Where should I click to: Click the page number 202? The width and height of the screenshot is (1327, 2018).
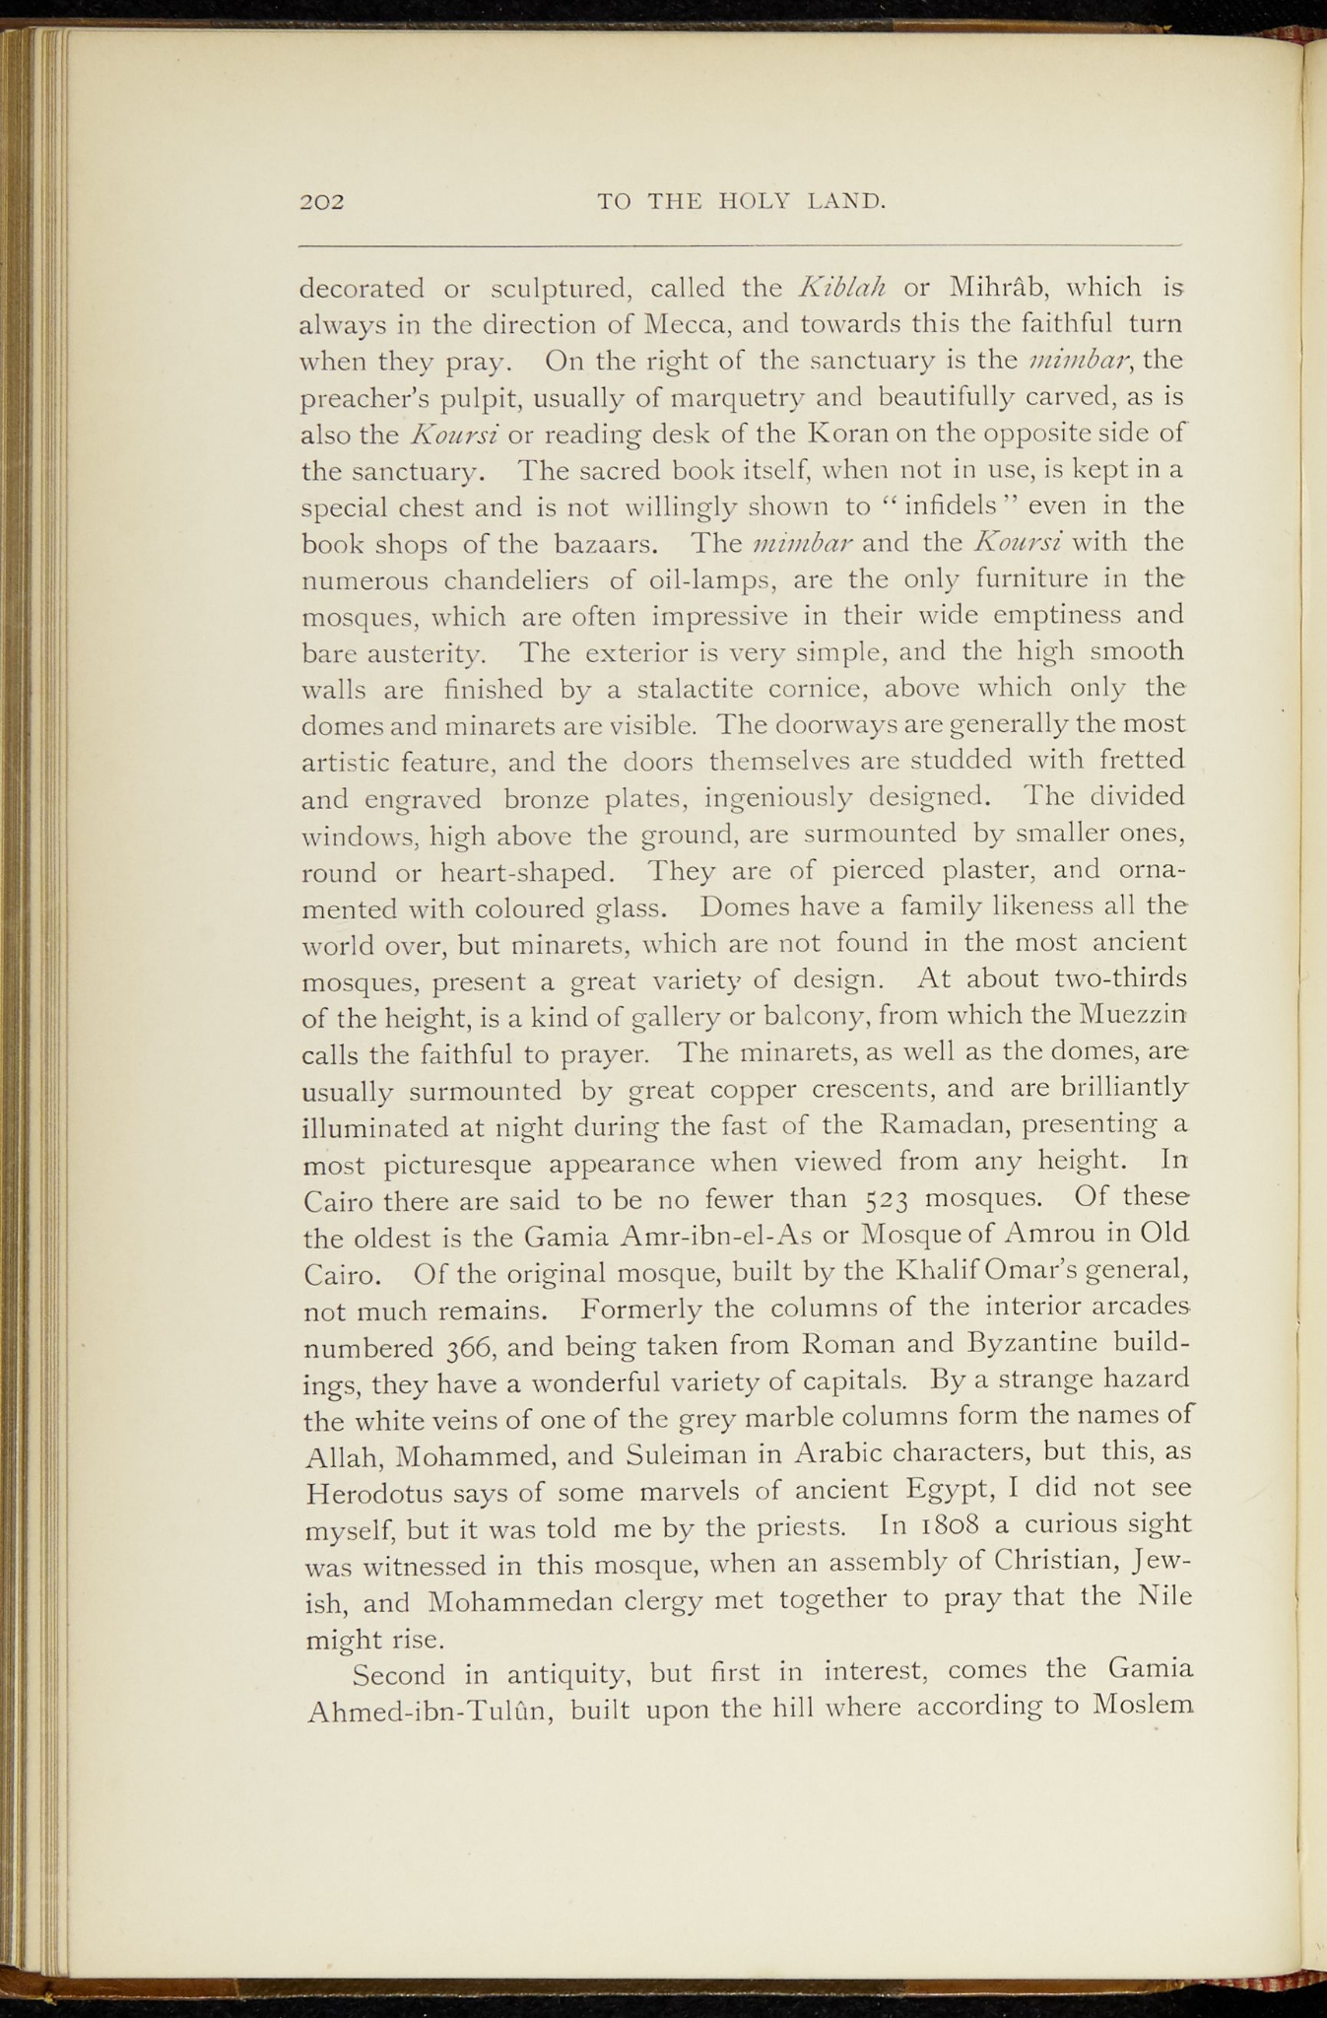coord(322,203)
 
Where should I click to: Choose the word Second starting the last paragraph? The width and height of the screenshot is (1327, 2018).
coord(398,1674)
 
